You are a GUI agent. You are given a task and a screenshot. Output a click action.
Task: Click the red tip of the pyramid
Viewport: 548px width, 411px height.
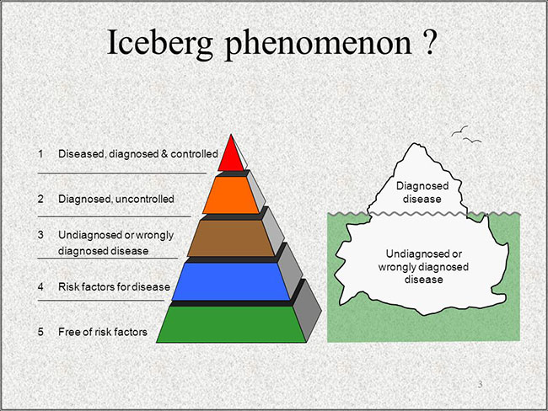pos(231,156)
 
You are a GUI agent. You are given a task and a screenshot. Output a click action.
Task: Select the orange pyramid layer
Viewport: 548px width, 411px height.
pos(231,195)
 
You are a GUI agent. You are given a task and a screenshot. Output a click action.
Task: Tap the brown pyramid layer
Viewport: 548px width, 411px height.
pos(231,238)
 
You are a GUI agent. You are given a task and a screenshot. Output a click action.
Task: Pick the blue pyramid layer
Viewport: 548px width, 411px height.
pos(231,281)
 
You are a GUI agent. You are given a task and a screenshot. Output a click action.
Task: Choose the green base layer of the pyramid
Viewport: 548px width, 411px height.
pos(231,324)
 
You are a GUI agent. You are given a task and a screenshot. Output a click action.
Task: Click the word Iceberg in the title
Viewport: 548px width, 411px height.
pos(159,43)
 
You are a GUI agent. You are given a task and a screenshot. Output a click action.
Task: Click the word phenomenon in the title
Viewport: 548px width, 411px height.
pos(318,43)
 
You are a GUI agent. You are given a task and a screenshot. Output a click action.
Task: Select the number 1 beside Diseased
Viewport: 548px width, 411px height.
pos(41,153)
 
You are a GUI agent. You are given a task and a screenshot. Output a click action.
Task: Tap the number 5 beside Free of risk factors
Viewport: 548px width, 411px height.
pos(41,331)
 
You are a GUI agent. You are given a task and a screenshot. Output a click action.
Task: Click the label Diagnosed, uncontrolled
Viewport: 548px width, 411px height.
pos(116,199)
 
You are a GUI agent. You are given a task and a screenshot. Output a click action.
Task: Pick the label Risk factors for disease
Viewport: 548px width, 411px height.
pos(114,286)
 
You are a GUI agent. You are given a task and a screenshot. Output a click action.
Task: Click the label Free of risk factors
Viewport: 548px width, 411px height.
pos(103,331)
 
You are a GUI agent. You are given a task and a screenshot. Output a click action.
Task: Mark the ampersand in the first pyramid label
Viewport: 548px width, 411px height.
pos(164,153)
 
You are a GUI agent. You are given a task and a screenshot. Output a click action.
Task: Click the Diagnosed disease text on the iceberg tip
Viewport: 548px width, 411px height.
pos(422,192)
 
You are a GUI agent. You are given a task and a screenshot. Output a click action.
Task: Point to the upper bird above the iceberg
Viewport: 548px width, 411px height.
pos(459,131)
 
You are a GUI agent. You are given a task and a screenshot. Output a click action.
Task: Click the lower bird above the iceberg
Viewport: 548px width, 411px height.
pos(472,140)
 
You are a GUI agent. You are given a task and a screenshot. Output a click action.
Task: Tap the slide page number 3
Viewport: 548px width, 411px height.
pos(481,384)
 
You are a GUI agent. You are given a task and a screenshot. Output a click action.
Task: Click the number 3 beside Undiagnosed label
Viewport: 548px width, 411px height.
pos(41,235)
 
